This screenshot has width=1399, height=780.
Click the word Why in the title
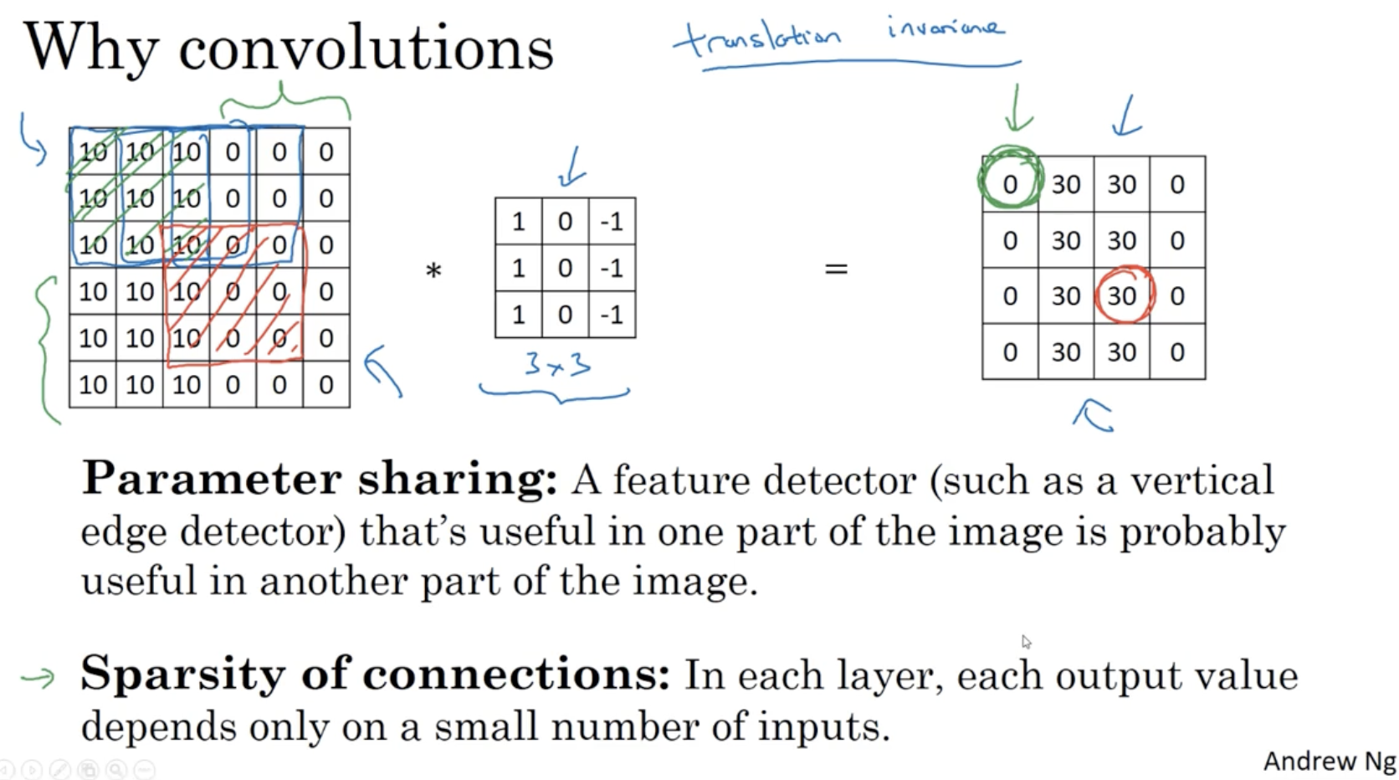pyautogui.click(x=90, y=49)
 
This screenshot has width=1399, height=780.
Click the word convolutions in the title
pyautogui.click(x=366, y=49)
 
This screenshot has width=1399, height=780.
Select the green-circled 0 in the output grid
pyautogui.click(x=1010, y=184)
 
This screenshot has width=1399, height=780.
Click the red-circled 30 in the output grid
pyautogui.click(x=1122, y=295)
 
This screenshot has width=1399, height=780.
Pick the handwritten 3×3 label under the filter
pyautogui.click(x=557, y=365)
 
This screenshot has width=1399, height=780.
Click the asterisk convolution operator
pyautogui.click(x=433, y=270)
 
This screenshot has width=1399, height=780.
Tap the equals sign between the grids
pyautogui.click(x=836, y=269)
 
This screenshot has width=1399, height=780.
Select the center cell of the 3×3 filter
pyautogui.click(x=565, y=268)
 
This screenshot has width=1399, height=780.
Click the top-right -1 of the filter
pyautogui.click(x=612, y=222)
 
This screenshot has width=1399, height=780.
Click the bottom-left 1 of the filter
pyautogui.click(x=518, y=315)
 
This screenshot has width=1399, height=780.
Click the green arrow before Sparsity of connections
pyautogui.click(x=38, y=676)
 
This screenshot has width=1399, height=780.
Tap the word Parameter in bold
pyautogui.click(x=212, y=480)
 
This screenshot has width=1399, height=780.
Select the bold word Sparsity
pyautogui.click(x=182, y=673)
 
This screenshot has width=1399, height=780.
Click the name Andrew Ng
pyautogui.click(x=1329, y=761)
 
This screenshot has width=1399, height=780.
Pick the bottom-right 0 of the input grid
pyautogui.click(x=326, y=385)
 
